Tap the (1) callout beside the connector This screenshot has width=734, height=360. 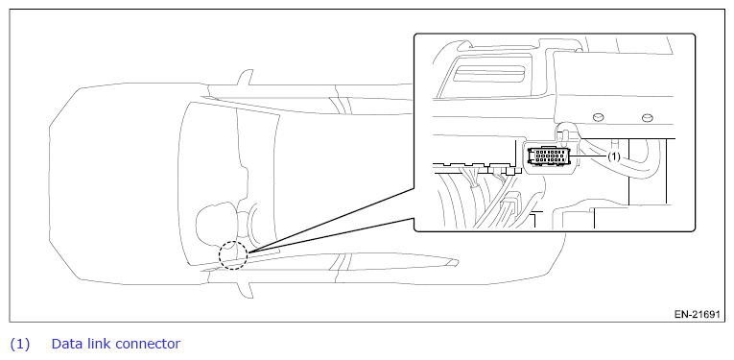[614, 156]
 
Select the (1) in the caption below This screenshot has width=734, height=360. [19, 344]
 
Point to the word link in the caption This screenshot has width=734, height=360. [97, 344]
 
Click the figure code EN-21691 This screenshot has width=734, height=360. [697, 314]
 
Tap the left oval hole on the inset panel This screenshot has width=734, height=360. [599, 117]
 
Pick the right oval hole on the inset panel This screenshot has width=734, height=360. [647, 117]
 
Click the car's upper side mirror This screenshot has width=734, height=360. [246, 77]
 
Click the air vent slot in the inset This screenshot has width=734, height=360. [488, 74]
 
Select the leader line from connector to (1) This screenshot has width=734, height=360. [589, 156]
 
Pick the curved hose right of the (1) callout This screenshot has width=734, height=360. [641, 156]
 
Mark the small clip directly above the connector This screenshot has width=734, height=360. [564, 134]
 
